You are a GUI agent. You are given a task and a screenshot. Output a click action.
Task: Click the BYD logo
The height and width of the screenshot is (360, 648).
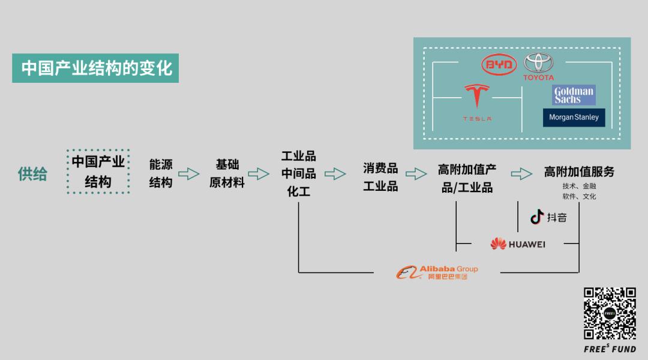(499, 64)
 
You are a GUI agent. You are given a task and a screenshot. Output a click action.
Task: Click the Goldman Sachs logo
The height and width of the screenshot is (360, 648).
(574, 95)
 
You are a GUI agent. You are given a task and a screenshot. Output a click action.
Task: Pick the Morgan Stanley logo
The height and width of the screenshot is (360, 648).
(574, 118)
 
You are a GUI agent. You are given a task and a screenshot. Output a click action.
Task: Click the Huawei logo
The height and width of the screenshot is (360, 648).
(518, 244)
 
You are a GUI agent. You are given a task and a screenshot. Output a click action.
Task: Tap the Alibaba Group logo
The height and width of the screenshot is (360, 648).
(437, 272)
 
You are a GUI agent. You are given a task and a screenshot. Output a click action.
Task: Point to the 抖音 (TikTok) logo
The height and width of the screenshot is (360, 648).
(548, 217)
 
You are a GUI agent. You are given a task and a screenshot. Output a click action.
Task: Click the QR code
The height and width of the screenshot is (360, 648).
(610, 313)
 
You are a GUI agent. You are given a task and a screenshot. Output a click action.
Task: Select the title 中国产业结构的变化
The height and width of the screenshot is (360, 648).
(95, 68)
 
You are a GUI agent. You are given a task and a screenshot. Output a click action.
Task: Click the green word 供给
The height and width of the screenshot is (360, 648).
(32, 174)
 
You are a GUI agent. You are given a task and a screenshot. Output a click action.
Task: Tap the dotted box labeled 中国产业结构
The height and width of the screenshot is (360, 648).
(98, 172)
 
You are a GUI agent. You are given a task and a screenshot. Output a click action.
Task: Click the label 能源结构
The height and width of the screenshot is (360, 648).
(161, 173)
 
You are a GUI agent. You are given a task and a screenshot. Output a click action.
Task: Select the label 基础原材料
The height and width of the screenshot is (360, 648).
(227, 173)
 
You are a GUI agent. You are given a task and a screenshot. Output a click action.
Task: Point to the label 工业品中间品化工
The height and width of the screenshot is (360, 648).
(298, 173)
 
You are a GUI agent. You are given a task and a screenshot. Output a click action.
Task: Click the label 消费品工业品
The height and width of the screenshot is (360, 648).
(380, 177)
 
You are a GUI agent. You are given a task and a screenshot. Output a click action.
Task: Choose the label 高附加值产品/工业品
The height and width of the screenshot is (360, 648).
(467, 178)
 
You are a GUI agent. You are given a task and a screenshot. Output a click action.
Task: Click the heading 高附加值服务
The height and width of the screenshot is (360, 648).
(579, 172)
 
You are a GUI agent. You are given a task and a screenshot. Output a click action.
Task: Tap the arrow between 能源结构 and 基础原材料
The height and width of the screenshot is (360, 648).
(189, 173)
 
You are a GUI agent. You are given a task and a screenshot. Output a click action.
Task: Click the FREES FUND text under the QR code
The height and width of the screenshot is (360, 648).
(610, 349)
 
